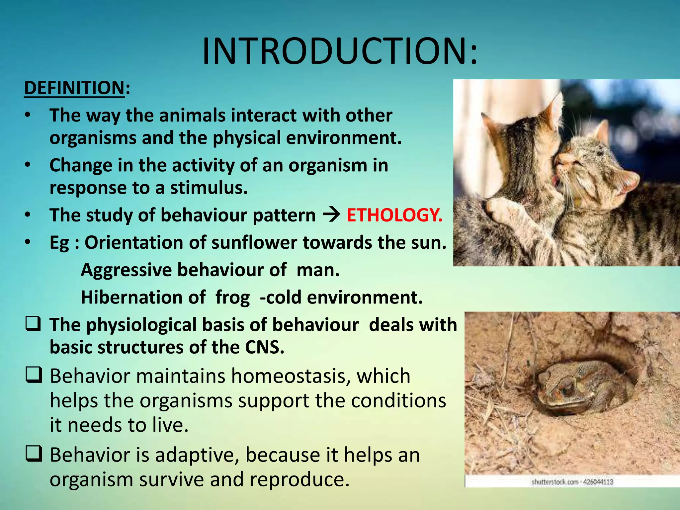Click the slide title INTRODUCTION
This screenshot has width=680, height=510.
pyautogui.click(x=339, y=51)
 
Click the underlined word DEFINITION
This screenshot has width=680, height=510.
pyautogui.click(x=74, y=88)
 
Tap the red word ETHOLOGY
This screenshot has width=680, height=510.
pyautogui.click(x=394, y=215)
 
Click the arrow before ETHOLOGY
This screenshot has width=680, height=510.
pyautogui.click(x=331, y=215)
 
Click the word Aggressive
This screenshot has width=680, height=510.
pyautogui.click(x=126, y=270)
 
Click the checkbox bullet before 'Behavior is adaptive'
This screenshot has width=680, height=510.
pyautogui.click(x=34, y=454)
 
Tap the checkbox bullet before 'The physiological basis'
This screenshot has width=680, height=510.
pyautogui.click(x=34, y=324)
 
